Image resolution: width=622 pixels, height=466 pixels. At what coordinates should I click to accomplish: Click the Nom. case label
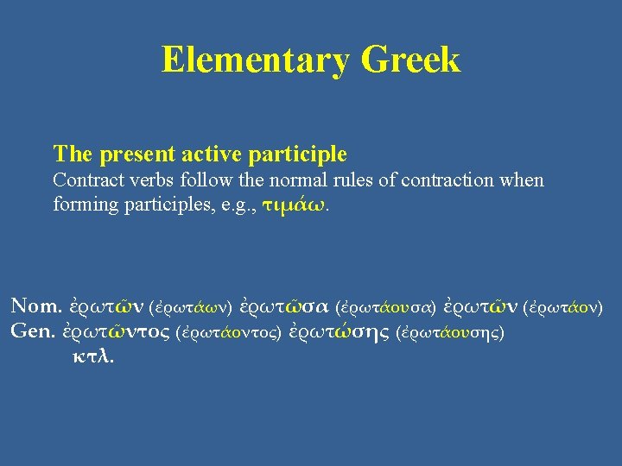36,305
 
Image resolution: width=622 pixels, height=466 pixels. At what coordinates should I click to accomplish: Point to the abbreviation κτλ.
92,356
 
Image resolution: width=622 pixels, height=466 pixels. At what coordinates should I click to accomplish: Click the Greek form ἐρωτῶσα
283,305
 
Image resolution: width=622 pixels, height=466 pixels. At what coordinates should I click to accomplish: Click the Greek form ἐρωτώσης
339,331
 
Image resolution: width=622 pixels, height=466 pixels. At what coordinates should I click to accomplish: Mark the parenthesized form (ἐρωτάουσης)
448,331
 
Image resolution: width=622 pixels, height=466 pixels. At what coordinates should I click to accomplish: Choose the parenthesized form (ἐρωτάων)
191,306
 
